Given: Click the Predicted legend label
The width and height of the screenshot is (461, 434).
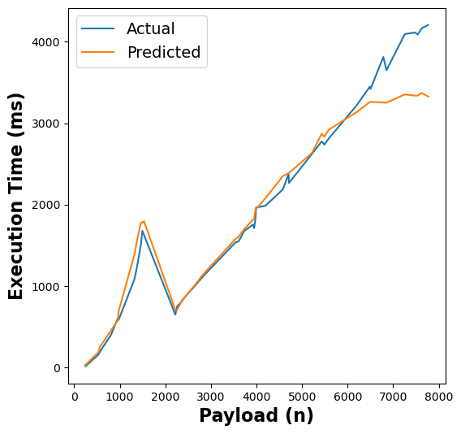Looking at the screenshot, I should pos(163,53).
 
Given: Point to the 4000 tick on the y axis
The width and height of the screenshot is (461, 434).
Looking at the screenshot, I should pos(49,42).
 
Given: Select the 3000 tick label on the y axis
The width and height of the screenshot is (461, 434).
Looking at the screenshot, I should pos(49,124).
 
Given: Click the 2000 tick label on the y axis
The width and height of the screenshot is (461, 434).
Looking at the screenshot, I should pos(49,206).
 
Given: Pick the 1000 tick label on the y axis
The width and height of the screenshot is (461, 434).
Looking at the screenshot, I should pos(49,287).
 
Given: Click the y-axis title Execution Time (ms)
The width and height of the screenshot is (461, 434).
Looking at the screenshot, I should pos(17,196).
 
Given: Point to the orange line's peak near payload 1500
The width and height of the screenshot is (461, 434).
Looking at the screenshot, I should pos(144,221).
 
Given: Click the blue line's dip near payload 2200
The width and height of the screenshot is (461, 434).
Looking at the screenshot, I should pos(175,315).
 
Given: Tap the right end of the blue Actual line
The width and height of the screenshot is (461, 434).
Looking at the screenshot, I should pos(429,25).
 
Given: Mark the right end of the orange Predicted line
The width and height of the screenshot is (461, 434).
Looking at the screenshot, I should pos(429,97).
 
